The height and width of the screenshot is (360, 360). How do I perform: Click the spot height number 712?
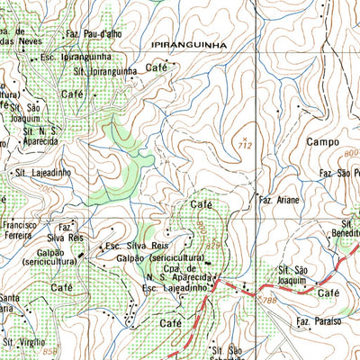coord(244,144)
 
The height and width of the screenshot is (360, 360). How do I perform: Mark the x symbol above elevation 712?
coord(244,136)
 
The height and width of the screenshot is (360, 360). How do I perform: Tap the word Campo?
coord(323,142)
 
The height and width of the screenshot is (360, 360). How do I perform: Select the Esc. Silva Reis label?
coord(138,245)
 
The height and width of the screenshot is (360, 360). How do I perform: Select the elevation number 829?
coord(213,244)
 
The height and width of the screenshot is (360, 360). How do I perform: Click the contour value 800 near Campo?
coord(349,155)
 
